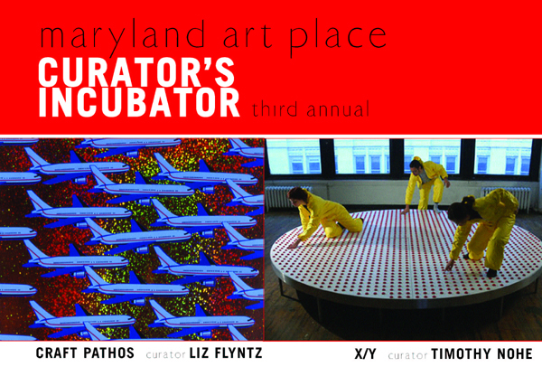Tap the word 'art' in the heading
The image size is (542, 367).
(248, 36)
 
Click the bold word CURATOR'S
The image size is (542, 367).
(136, 72)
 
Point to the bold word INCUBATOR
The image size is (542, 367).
(139, 103)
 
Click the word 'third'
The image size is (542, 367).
(276, 108)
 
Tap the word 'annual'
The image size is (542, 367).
(338, 109)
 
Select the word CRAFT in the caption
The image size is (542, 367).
(56, 353)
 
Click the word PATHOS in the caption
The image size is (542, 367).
(108, 353)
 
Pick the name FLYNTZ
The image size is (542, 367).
(238, 353)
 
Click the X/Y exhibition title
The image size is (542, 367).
(365, 353)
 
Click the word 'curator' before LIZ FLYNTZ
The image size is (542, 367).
(166, 354)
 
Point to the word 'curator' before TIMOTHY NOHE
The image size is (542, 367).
(408, 355)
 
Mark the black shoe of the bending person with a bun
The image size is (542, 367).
(491, 273)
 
